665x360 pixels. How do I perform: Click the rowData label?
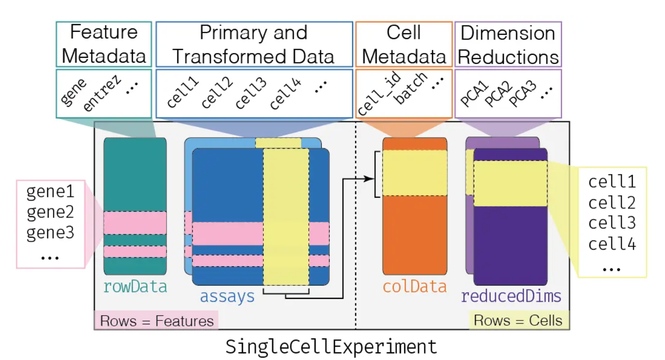(x=135, y=287)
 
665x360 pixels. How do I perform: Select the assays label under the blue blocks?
(x=227, y=296)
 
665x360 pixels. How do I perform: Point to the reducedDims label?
(x=511, y=296)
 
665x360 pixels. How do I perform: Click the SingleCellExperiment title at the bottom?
(x=332, y=347)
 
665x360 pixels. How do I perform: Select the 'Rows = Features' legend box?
(x=156, y=321)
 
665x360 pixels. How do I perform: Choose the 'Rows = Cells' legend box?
(x=518, y=321)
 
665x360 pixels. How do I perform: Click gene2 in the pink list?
(x=51, y=212)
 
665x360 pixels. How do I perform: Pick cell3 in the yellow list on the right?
(x=612, y=223)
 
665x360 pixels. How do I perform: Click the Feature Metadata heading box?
(x=104, y=44)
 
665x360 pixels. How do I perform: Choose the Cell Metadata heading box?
(x=404, y=44)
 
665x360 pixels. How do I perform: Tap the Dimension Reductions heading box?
(x=508, y=44)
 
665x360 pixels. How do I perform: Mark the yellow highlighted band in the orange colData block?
(x=415, y=173)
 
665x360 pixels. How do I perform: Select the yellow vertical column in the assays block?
(x=286, y=217)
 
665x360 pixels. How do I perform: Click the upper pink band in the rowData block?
(x=135, y=222)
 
